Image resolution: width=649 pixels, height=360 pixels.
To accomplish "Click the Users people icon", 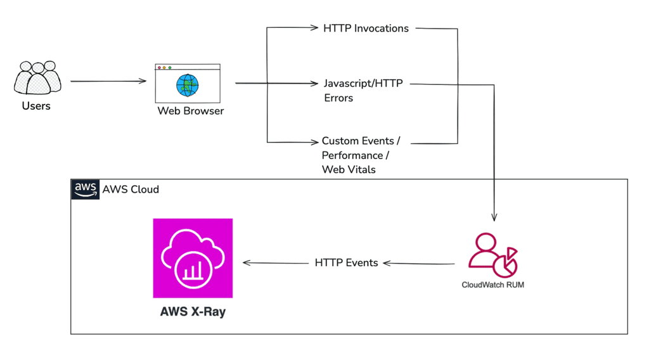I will coord(37,79).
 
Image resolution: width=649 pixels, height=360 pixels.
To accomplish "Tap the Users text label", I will coord(36,106).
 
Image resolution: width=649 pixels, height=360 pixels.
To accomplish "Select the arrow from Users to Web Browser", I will coord(108,81).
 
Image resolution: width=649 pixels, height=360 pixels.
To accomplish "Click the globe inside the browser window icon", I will coord(188,85).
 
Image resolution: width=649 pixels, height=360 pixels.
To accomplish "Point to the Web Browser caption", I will coord(190,111).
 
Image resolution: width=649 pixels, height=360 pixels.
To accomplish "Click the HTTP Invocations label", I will coord(366,28).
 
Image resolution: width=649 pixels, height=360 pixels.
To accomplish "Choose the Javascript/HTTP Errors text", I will coord(363,91).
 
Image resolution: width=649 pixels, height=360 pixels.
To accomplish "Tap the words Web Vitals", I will coord(349,169).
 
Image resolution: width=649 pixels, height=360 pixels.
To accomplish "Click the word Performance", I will coord(352,155).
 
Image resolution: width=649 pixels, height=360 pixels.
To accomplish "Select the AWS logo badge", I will coord(85,190).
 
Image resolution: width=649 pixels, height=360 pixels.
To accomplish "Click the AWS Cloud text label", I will coord(131,190).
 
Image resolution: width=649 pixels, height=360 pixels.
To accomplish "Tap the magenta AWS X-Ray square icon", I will coord(193,258).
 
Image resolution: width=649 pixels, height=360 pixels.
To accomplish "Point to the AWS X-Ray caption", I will coord(193,312).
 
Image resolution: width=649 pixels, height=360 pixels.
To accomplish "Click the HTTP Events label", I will coord(346,262).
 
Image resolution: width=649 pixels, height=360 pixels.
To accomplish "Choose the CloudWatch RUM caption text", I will coord(492,285).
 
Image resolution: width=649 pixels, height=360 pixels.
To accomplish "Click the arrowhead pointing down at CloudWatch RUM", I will coord(494,217).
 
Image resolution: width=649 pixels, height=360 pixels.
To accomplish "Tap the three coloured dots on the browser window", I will coord(165,67).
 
